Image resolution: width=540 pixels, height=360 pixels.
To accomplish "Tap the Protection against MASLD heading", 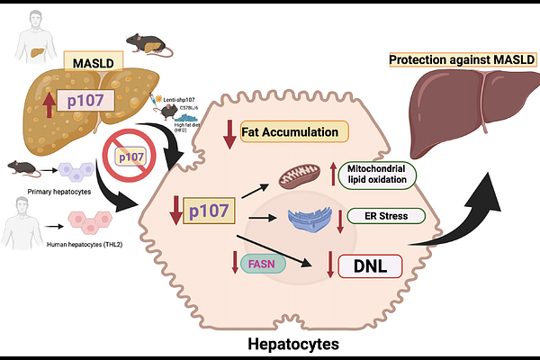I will click(x=457, y=60).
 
